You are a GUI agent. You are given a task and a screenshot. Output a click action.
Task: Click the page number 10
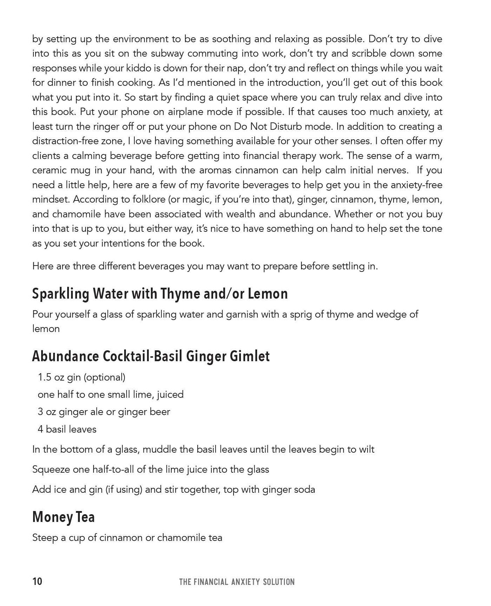point(37,581)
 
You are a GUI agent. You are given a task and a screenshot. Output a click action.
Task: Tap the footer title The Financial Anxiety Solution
point(237,582)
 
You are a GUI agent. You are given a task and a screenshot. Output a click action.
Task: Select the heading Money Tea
point(63,517)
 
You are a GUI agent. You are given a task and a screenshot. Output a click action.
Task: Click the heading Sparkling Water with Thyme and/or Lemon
point(160,294)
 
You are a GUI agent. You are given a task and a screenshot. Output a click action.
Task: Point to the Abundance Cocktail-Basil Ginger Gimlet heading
point(151,356)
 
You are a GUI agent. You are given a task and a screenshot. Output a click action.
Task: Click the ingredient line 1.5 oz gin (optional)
point(81,377)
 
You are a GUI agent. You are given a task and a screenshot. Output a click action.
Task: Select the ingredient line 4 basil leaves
point(67,429)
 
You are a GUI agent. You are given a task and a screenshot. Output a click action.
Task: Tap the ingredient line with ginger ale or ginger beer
point(104,412)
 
